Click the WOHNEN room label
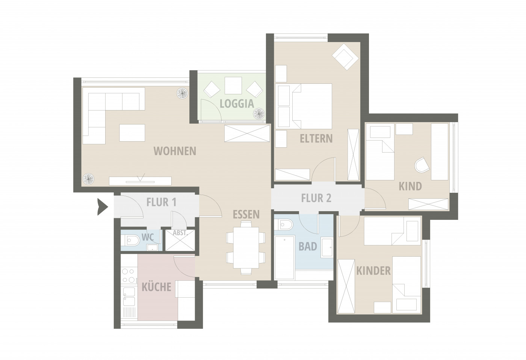pyautogui.click(x=175, y=151)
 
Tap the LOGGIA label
pyautogui.click(x=237, y=104)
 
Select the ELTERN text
pyautogui.click(x=316, y=139)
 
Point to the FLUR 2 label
pyautogui.click(x=316, y=198)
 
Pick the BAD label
pyautogui.click(x=308, y=247)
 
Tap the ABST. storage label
pyautogui.click(x=180, y=233)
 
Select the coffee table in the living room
pyautogui.click(x=132, y=133)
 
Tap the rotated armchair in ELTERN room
pyautogui.click(x=345, y=56)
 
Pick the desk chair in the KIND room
pyautogui.click(x=422, y=165)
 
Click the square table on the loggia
pyautogui.click(x=233, y=85)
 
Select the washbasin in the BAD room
pyautogui.click(x=327, y=248)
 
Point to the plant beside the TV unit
pyautogui.click(x=89, y=179)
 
